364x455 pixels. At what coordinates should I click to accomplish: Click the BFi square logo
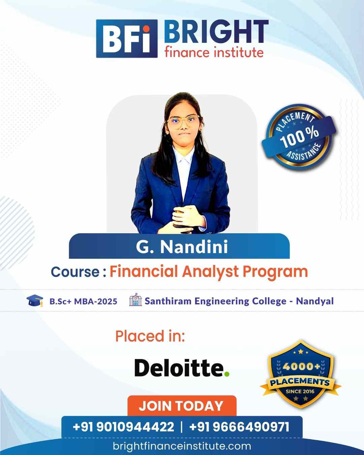127,38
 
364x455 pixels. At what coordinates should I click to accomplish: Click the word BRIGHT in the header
216,32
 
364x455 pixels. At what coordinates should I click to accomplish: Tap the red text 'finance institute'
214,53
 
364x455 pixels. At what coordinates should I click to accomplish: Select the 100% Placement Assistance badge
299,137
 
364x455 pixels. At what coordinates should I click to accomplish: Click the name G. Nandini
182,246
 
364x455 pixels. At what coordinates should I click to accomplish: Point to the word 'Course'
75,272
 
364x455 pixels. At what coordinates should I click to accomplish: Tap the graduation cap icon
35,301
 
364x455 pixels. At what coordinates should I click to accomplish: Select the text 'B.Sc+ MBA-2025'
83,301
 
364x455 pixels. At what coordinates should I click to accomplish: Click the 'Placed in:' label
150,336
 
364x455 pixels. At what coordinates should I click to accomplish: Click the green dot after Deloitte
226,374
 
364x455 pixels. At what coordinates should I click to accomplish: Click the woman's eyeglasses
183,121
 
